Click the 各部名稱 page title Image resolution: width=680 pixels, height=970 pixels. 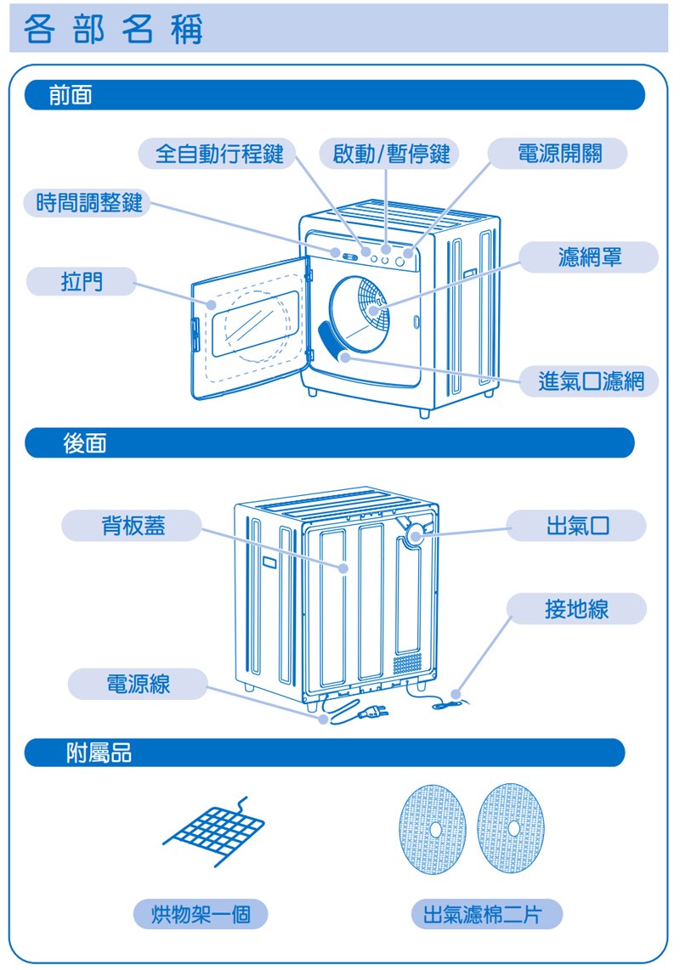coord(114,31)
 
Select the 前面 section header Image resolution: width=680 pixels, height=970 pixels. coord(71,96)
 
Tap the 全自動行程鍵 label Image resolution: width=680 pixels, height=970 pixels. coord(218,154)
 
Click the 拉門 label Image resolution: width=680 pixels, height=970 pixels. coord(82,281)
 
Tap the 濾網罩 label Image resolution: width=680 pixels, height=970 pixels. coord(589,257)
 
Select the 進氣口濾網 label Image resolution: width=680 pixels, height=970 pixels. coord(590,381)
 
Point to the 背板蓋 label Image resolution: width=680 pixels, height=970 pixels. coord(133,526)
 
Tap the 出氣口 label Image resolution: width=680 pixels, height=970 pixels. coord(577,526)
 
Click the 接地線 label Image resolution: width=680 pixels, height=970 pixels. coord(576,608)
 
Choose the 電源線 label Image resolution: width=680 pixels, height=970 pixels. coord(137,684)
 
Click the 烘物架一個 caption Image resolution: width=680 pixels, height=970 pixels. coord(201,914)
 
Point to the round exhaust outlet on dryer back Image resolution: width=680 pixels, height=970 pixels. coord(416,533)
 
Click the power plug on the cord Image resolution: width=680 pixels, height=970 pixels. coord(374,712)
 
